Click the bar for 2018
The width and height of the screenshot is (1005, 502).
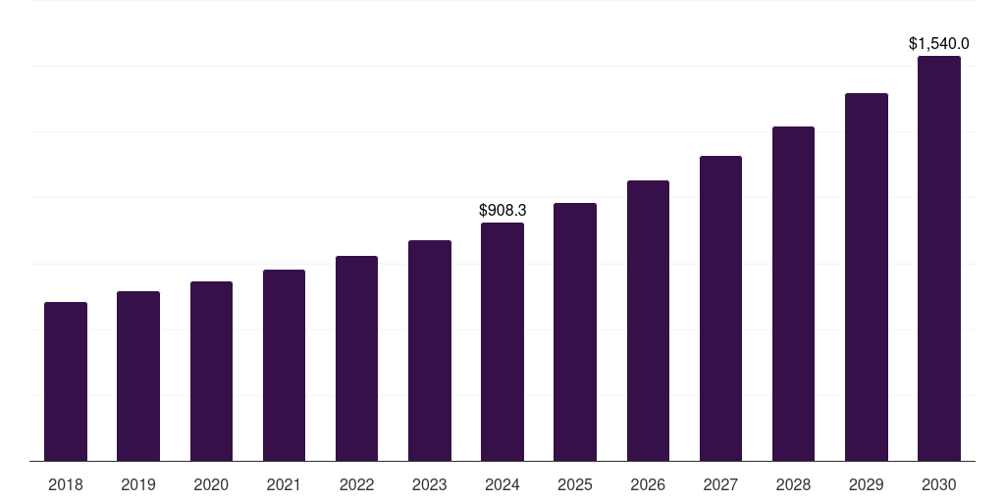point(66,381)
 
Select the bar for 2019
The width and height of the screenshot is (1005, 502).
point(138,376)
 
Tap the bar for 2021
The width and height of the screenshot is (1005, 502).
point(284,365)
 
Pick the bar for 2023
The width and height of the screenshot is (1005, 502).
point(430,350)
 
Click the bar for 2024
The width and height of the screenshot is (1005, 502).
point(502,341)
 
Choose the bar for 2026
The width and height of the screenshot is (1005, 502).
point(648,321)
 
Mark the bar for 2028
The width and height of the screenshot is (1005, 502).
point(793,293)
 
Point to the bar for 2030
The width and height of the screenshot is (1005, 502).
point(939,258)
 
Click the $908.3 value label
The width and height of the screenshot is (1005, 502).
point(502,210)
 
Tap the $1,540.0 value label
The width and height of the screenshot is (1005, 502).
point(939,43)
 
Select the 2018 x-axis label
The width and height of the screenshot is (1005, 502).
point(66,484)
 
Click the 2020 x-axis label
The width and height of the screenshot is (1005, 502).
point(211,484)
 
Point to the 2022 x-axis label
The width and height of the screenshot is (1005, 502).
point(356,484)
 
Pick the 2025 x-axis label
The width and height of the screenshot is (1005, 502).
point(575,484)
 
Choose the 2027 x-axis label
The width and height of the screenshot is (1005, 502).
point(720,484)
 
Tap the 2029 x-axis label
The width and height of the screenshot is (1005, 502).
point(866,484)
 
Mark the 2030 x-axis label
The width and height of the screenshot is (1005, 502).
point(939,484)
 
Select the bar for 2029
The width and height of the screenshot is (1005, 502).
point(866,276)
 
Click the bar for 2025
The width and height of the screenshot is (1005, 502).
point(575,331)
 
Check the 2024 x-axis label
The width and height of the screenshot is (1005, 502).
point(502,484)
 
